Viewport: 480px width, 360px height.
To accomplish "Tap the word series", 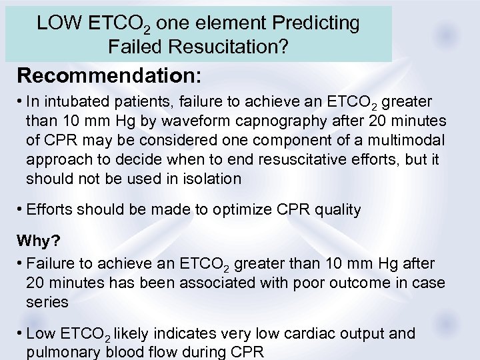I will click(x=47, y=302).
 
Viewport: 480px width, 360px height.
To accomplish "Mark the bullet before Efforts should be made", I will click(x=21, y=209).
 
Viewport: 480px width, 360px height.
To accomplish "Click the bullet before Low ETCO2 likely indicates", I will click(x=21, y=333).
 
